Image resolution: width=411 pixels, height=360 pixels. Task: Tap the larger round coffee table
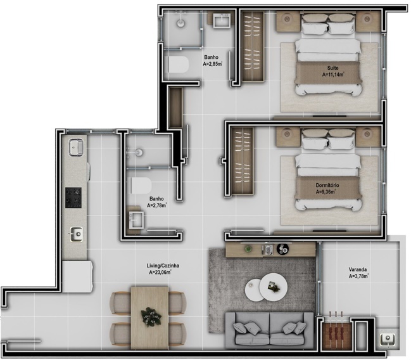(x=273, y=286)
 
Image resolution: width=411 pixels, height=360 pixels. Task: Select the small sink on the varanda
(x=387, y=340)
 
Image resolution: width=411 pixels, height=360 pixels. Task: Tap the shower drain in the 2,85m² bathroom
(x=181, y=21)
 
